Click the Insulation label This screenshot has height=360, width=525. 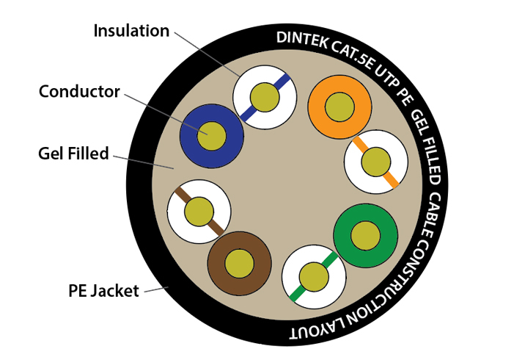click(x=131, y=31)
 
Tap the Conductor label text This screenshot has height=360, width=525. click(x=78, y=91)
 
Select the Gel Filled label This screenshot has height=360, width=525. click(x=73, y=154)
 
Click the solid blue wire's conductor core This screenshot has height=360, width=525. click(x=212, y=134)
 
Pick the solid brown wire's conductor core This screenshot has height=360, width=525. click(x=239, y=263)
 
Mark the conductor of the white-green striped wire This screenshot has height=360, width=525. click(x=315, y=277)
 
